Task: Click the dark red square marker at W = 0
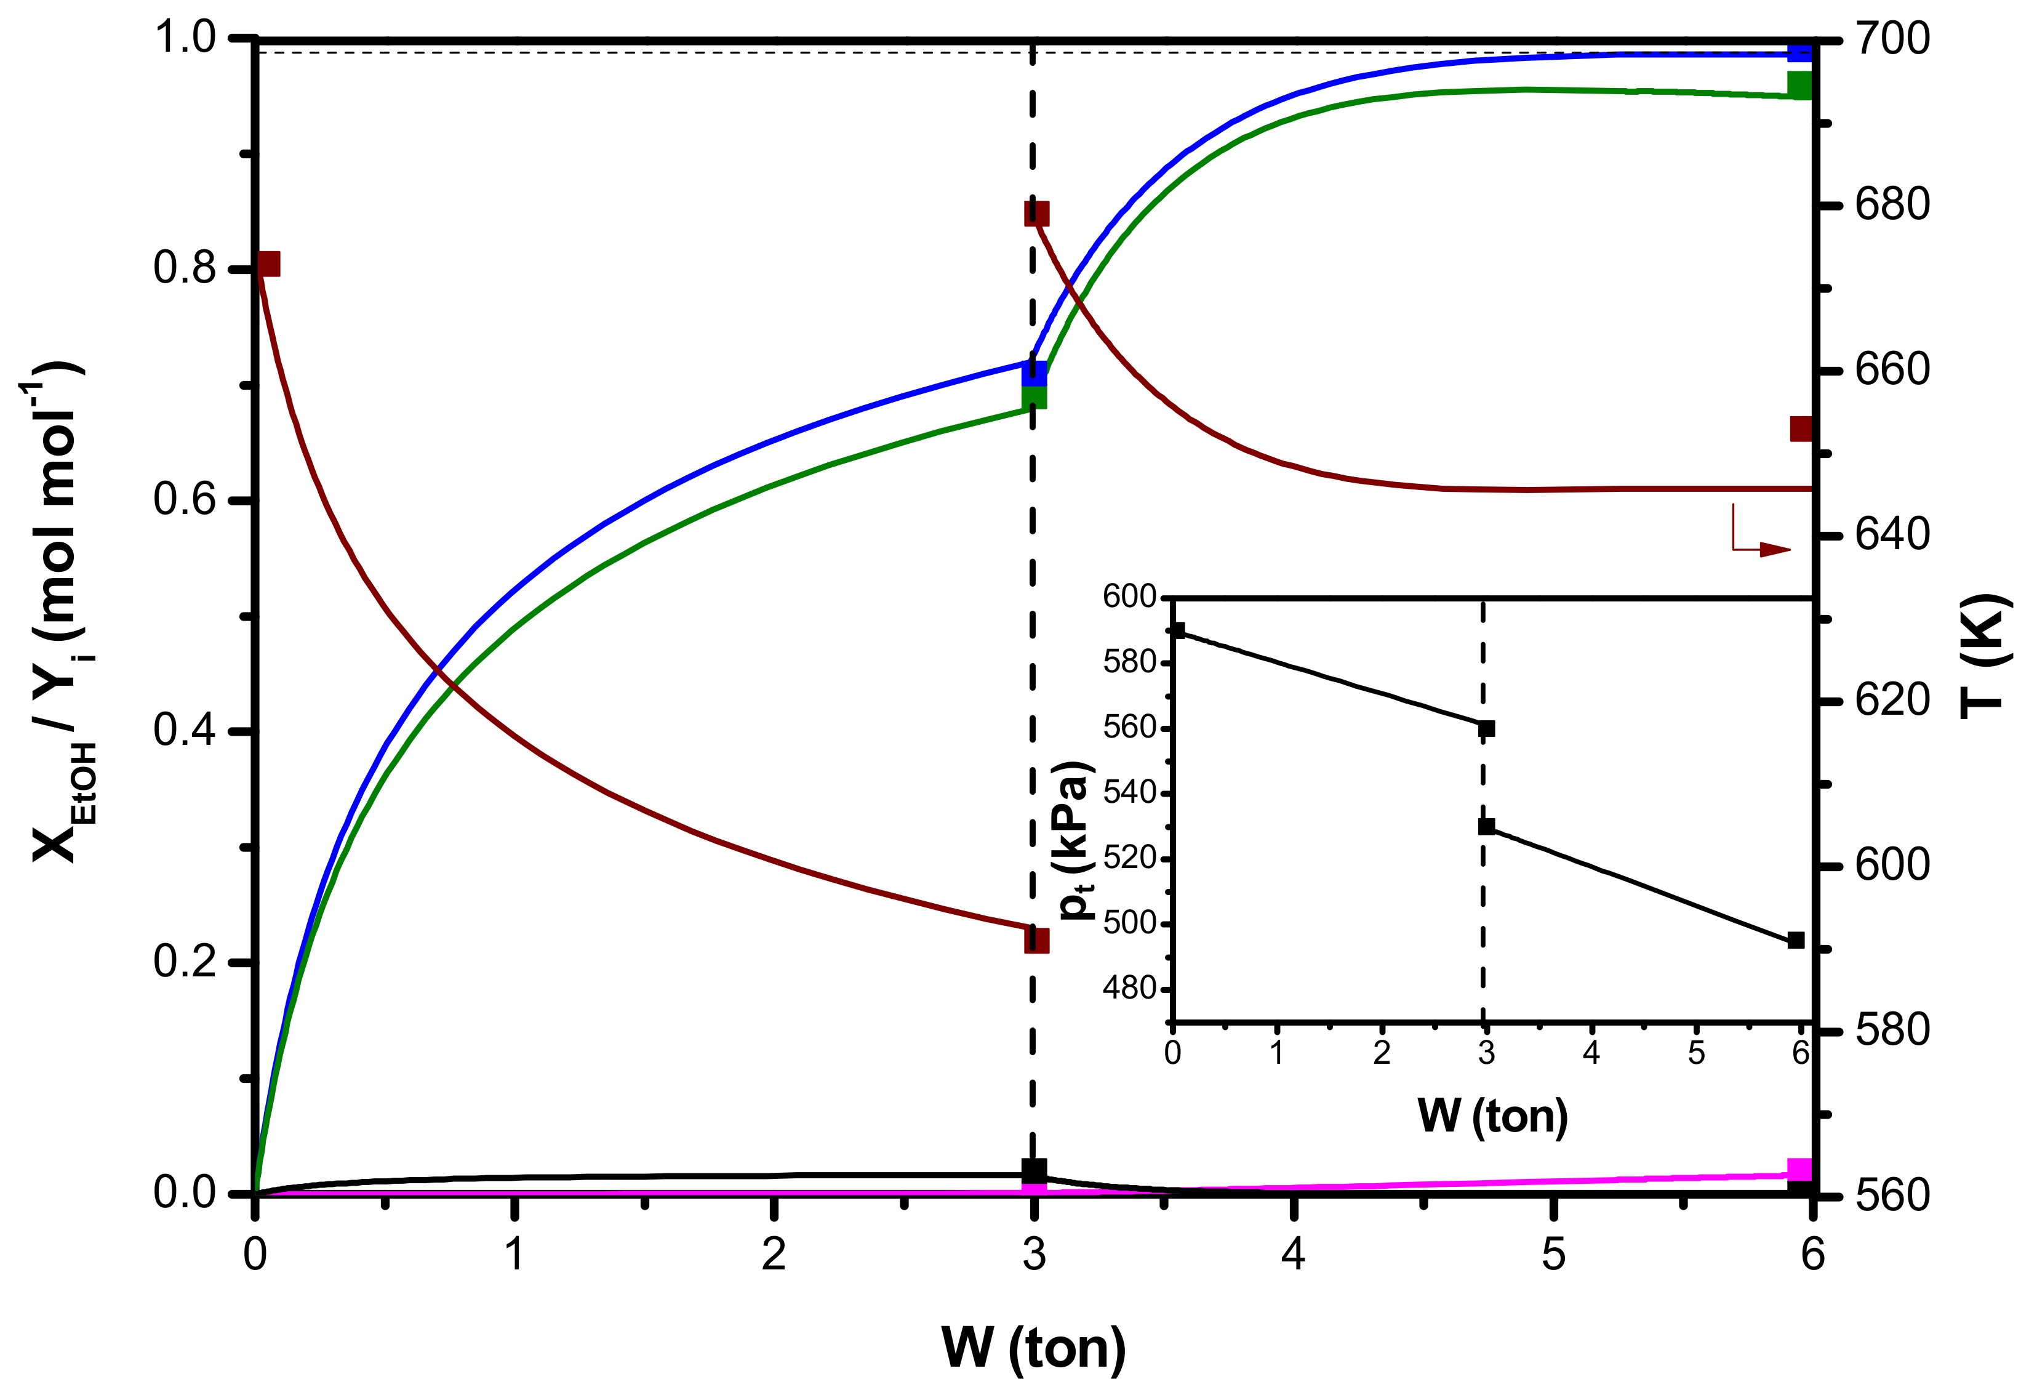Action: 268,264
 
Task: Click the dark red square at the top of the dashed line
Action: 1036,214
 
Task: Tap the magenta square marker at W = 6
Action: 1799,1170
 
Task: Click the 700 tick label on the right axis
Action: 1892,39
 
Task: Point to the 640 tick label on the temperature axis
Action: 1892,535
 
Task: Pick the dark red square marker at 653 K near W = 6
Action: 1800,428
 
